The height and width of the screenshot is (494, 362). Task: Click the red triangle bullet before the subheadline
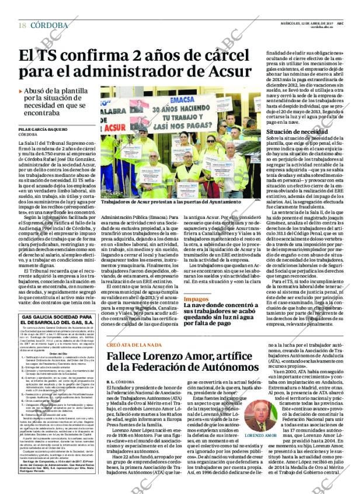tap(21, 92)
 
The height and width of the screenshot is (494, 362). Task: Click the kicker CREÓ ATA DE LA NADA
tap(135, 345)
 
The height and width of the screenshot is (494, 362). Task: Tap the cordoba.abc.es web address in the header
tap(323, 27)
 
